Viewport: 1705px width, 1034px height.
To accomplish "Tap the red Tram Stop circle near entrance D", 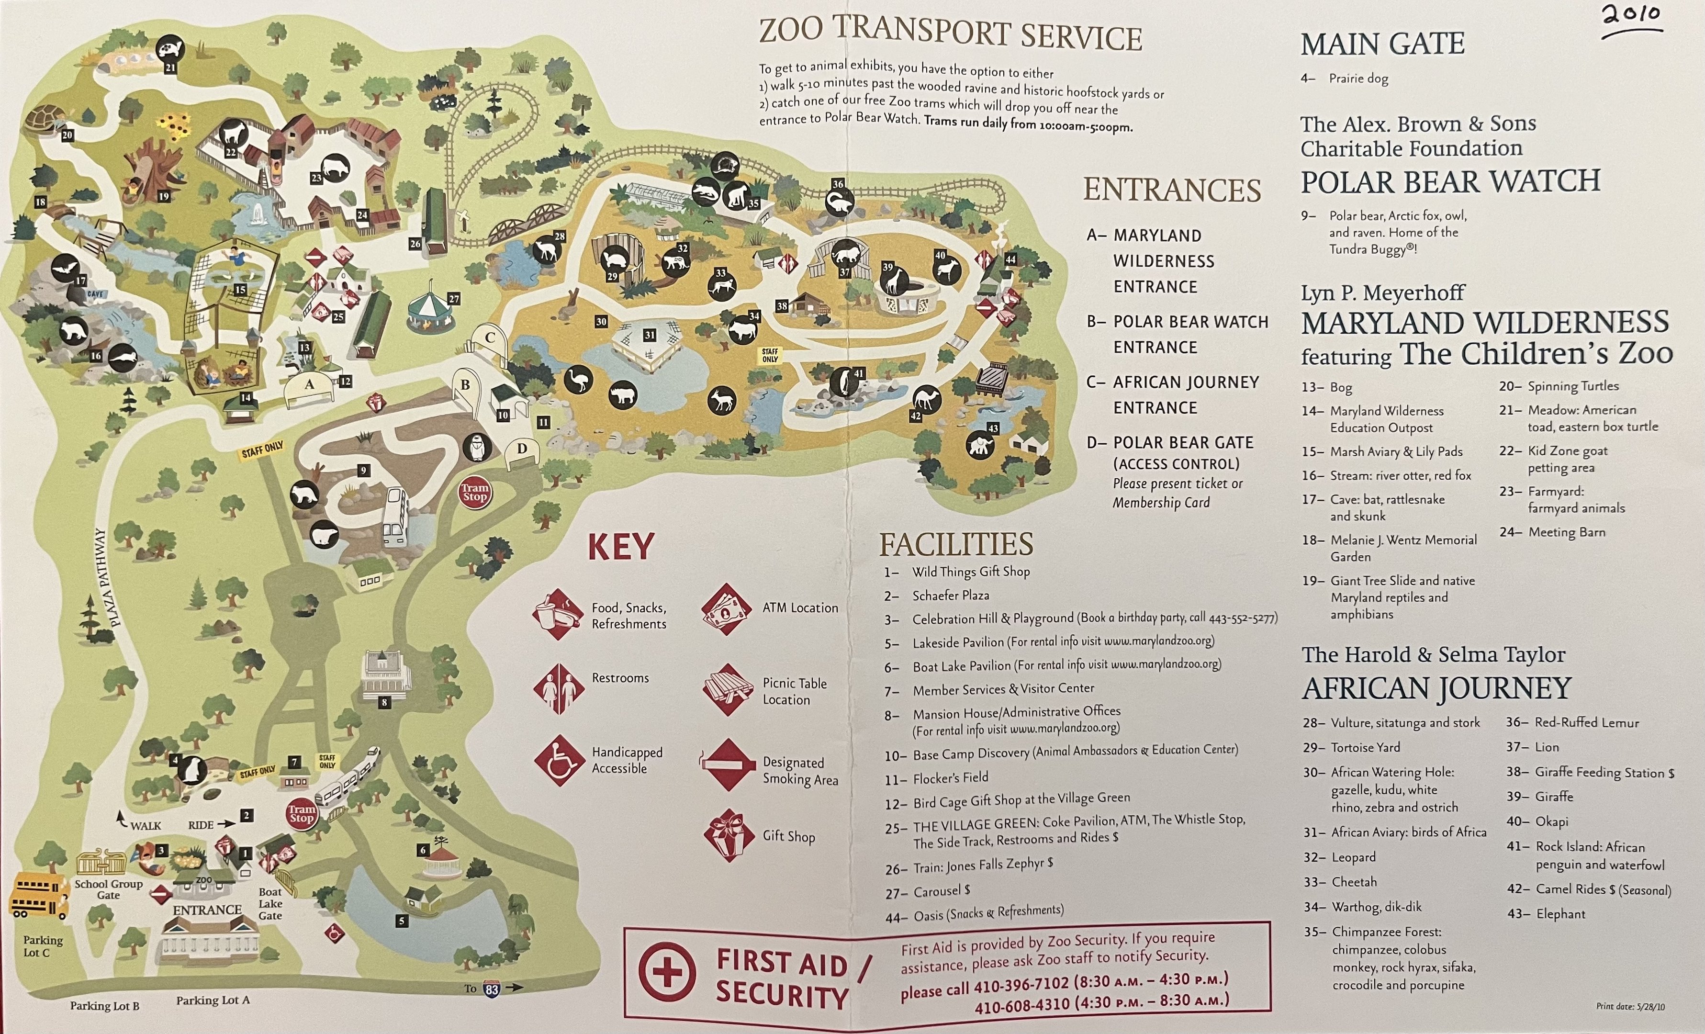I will tap(475, 492).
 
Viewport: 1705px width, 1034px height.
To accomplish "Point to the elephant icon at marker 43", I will tap(980, 447).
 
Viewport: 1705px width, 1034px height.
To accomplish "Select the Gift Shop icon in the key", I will tap(728, 835).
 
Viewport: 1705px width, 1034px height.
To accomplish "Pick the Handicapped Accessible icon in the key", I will tap(559, 760).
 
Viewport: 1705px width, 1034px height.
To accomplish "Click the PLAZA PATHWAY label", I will tap(107, 577).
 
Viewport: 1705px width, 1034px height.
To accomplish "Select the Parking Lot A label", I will tap(213, 1000).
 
